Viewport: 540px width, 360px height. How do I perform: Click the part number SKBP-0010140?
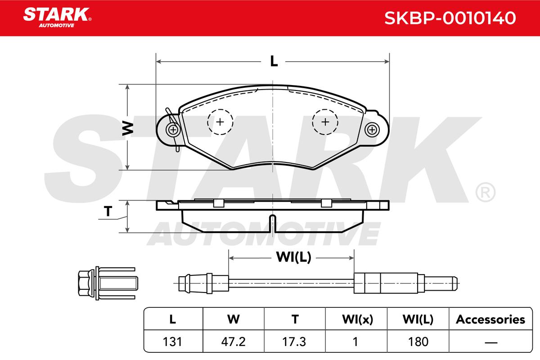tap(450, 18)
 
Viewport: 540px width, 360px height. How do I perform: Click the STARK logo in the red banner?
tap(57, 18)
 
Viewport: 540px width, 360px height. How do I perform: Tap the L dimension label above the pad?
tap(274, 61)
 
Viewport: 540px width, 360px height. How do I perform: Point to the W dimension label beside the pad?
tap(128, 128)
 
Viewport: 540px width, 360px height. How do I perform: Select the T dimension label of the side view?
tap(108, 211)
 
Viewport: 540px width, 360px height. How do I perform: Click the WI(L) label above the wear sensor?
tap(293, 257)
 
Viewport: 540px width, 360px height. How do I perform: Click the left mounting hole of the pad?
tap(173, 130)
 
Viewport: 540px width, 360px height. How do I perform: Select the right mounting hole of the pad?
tap(372, 130)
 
